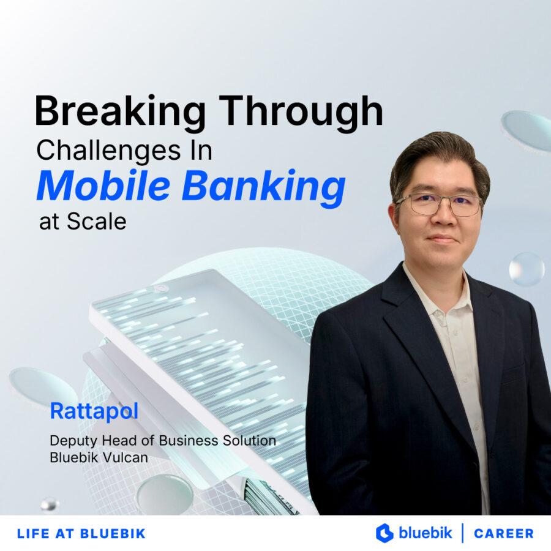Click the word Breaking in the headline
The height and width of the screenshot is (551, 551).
pyautogui.click(x=120, y=113)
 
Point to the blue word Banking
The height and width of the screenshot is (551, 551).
pyautogui.click(x=264, y=187)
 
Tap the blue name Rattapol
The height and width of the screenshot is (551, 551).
pyautogui.click(x=94, y=411)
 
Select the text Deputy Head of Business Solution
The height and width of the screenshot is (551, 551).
pyautogui.click(x=162, y=440)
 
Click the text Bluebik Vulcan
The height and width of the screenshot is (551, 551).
pyautogui.click(x=99, y=457)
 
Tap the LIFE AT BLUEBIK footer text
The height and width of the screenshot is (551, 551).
pyautogui.click(x=81, y=533)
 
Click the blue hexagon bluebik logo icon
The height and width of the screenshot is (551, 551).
pyautogui.click(x=384, y=533)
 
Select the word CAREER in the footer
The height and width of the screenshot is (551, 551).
pyautogui.click(x=503, y=533)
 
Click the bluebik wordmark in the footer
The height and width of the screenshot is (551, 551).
pyautogui.click(x=425, y=533)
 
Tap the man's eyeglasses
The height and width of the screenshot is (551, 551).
pyautogui.click(x=438, y=204)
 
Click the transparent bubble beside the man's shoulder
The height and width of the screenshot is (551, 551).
pyautogui.click(x=526, y=269)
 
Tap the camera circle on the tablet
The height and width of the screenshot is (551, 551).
pyautogui.click(x=161, y=288)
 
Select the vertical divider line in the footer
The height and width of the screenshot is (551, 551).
pyautogui.click(x=462, y=533)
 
